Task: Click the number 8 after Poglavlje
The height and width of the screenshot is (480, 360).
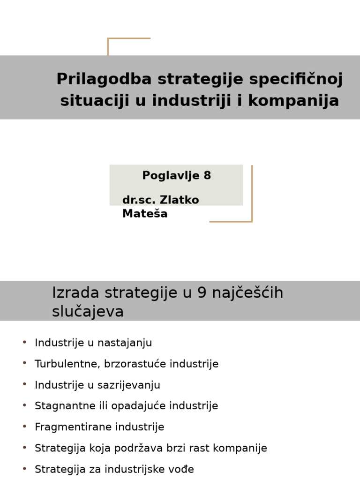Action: tap(207, 176)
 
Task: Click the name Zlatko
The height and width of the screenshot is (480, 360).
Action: tap(180, 200)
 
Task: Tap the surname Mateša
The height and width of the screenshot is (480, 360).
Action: tap(145, 214)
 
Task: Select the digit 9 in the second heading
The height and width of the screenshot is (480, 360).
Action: tap(202, 293)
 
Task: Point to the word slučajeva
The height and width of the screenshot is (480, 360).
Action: tap(88, 312)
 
